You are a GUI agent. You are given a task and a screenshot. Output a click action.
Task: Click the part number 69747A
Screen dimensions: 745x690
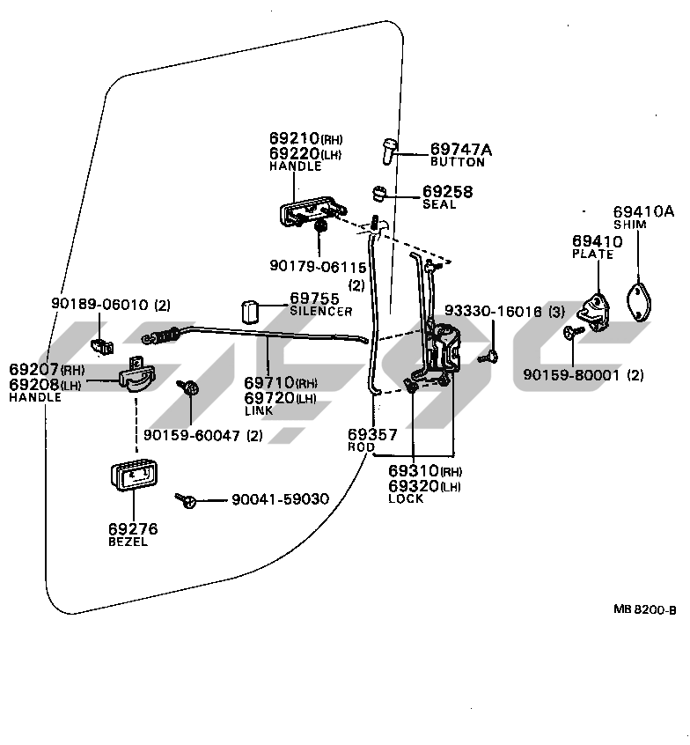(x=461, y=150)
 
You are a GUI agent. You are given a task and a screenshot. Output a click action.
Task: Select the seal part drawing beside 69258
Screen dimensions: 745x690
(x=380, y=193)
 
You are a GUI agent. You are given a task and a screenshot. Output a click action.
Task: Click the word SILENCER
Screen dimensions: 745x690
(x=321, y=312)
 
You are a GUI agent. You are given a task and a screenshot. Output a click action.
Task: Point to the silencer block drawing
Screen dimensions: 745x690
(x=250, y=312)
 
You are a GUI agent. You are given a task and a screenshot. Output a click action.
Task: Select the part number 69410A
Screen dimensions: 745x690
(x=643, y=211)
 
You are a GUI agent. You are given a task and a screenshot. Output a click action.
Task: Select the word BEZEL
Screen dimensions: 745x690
(x=128, y=542)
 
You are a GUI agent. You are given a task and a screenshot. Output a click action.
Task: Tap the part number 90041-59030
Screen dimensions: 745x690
(x=280, y=499)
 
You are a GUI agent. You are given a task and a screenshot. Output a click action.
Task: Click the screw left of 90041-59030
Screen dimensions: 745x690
(x=187, y=500)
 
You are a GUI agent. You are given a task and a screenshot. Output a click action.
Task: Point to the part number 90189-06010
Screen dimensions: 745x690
(x=100, y=305)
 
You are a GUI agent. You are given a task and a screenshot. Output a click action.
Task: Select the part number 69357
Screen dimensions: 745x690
(x=371, y=435)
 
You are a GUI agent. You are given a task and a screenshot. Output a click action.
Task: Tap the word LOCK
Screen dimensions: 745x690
(x=406, y=498)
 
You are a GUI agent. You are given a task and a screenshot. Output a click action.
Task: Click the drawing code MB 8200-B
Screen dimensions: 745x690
(x=644, y=609)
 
